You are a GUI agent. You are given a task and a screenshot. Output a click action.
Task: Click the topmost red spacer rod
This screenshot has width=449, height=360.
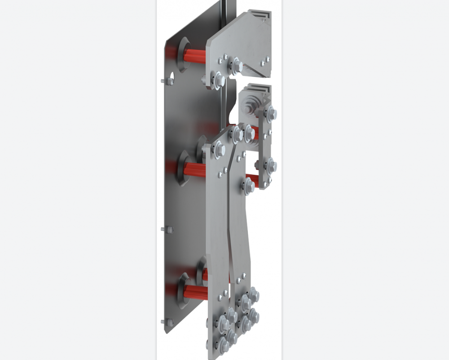pos(195,56)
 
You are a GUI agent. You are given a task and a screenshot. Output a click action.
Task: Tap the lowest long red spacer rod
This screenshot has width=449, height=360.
pos(195,291)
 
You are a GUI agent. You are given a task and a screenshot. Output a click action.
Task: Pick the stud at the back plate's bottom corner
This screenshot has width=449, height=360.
pos(170,322)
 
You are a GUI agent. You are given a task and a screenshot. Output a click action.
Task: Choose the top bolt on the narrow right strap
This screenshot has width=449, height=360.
pos(271,114)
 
